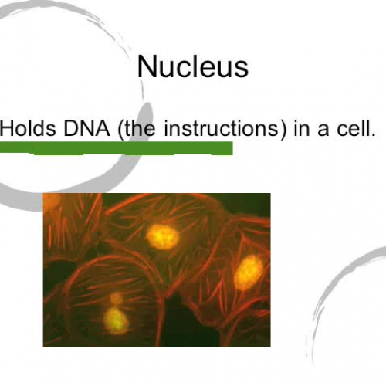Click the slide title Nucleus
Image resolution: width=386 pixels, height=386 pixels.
[192, 66]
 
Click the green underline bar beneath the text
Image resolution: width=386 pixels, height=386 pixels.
[116, 147]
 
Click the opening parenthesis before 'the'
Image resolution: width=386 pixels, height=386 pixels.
[121, 128]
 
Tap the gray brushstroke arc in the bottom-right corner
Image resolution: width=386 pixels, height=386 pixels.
[340, 309]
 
